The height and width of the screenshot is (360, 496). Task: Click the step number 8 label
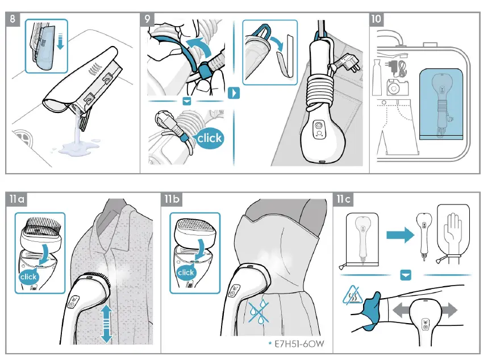(x=15, y=19)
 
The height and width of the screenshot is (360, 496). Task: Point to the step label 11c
(x=344, y=199)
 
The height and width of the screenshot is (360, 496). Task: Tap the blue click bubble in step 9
(x=209, y=138)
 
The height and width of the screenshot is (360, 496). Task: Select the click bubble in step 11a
(x=28, y=277)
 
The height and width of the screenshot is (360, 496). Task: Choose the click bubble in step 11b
(x=186, y=272)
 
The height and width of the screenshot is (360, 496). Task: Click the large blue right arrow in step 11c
(x=401, y=236)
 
